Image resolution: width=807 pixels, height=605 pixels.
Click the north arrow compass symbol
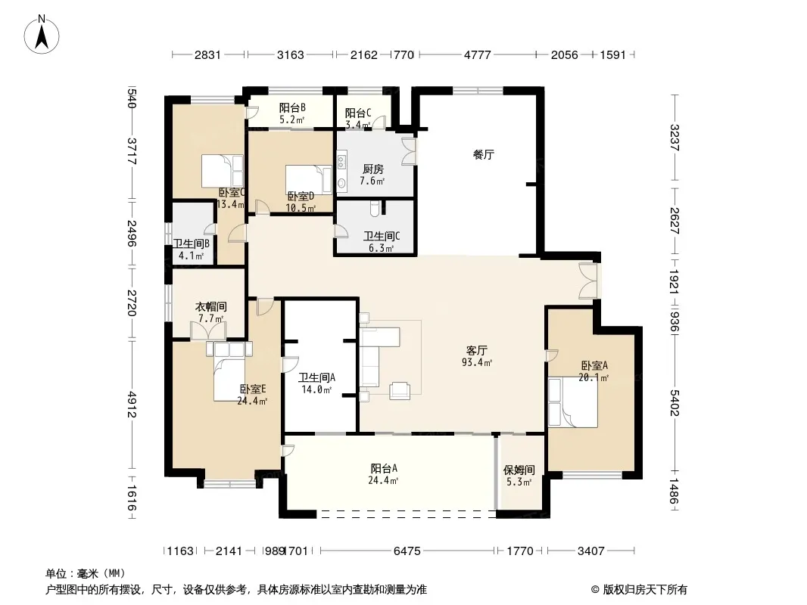coord(42,35)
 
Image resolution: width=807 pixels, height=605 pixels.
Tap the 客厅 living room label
coord(477,351)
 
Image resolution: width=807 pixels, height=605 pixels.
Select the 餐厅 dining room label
coord(484,154)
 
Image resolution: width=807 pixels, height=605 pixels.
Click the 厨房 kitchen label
coord(373,169)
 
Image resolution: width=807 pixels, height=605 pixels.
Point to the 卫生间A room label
coord(317,378)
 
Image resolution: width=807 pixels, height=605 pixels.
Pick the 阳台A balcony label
coord(384,469)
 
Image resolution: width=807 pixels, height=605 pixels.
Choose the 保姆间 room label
coord(519,470)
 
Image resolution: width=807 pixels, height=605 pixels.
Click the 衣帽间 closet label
coord(210,307)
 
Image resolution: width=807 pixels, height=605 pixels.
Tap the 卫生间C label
coord(382,237)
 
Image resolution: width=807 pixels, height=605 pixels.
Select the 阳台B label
coord(292,108)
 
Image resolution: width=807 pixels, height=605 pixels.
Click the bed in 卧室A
coord(573,402)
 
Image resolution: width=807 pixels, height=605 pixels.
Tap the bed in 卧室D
coord(309,178)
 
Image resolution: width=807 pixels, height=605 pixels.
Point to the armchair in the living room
coord(400,391)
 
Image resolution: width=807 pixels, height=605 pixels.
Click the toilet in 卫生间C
coord(375,208)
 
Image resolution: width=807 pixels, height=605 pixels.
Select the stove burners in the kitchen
coord(341,161)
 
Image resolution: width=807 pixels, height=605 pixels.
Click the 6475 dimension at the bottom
coord(407,551)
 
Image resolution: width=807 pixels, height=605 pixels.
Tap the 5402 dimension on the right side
coord(675,403)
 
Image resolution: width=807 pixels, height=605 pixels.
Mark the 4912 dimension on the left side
coord(132,405)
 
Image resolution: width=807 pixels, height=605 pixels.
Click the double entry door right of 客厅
coord(587,281)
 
